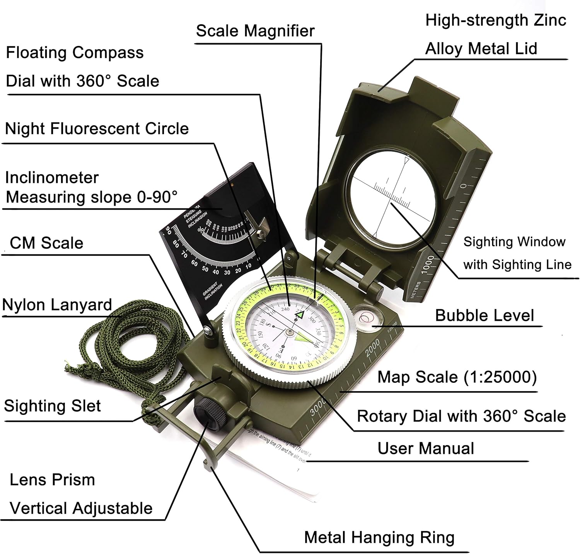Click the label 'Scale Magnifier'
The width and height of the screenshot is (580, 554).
coord(255,31)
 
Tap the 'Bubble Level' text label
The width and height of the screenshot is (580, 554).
coord(484,315)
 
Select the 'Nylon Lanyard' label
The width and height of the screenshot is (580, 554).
coord(57,305)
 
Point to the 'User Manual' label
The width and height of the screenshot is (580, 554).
coord(425,448)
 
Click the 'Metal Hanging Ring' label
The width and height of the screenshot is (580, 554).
coord(379,537)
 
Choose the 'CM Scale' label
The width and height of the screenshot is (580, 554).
coord(46,243)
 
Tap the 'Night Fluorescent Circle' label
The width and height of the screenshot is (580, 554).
coord(97,129)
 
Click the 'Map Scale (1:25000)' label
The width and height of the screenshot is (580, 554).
coord(457,377)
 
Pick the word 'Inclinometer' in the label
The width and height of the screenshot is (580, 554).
coord(52,178)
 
